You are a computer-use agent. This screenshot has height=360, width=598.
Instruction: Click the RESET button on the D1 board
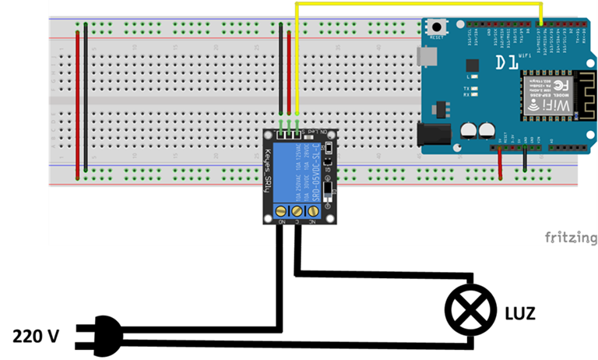pos(438,29)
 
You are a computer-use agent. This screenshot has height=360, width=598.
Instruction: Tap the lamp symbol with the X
pos(470,310)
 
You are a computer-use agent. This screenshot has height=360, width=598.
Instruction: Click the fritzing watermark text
pos(571,237)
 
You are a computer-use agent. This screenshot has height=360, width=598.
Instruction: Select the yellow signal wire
pos(417,5)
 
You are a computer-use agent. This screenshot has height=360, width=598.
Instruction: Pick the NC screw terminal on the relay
pos(314,211)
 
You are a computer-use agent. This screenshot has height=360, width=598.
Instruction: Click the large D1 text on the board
pos(507,62)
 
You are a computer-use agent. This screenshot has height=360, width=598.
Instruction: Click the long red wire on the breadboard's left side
pos(77,101)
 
